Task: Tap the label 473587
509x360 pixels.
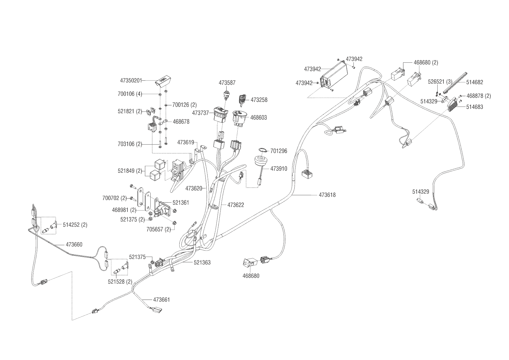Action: [x=227, y=83]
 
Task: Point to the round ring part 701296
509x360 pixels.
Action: [x=263, y=150]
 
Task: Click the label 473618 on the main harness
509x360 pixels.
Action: [x=327, y=195]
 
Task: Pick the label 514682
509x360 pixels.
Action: [x=475, y=82]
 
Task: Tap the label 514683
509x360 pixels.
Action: [x=475, y=107]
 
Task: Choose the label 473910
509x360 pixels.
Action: [x=279, y=169]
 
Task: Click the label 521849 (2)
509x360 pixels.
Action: [x=130, y=171]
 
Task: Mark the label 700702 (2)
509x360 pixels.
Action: [x=115, y=198]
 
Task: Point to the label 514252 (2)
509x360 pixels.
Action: [x=75, y=225]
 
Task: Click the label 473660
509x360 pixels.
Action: [x=74, y=244]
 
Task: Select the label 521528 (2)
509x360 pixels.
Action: [x=120, y=282]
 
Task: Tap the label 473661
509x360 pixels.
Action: [x=161, y=300]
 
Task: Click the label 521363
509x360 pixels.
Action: [x=202, y=262]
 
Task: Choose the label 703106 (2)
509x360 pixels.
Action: [x=130, y=144]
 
